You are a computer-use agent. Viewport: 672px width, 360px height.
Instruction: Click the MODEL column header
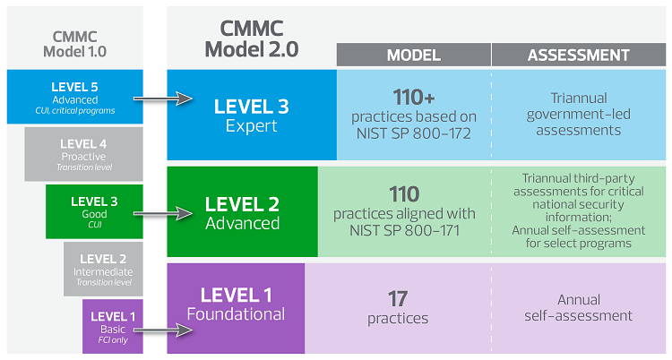coord(413,55)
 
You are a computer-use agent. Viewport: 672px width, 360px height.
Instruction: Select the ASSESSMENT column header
coord(578,55)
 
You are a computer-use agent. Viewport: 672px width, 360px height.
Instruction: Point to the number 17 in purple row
coord(398,298)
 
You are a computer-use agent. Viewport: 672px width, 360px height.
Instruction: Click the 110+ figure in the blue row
coord(413,96)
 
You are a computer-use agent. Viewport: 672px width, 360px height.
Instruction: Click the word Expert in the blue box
coord(251,127)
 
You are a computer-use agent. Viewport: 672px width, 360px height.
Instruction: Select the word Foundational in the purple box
coord(236,314)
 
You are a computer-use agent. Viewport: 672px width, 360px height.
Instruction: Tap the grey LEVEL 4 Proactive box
coord(83,155)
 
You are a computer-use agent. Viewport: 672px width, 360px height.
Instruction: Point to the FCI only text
coord(112,341)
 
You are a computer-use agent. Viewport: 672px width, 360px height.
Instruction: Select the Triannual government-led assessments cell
coord(578,115)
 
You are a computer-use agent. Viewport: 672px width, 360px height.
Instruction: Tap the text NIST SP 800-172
coord(413,133)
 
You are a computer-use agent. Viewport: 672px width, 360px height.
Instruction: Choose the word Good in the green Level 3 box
coord(94,214)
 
